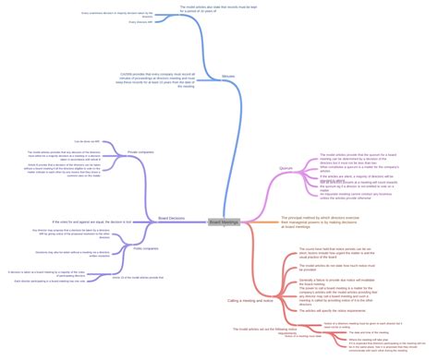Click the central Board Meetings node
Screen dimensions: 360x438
224,222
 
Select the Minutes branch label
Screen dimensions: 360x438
228,76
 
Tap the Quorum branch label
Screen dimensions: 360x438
286,168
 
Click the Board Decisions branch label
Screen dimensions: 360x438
171,219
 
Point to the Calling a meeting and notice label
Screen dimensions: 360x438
249,301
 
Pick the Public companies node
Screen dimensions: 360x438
146,248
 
